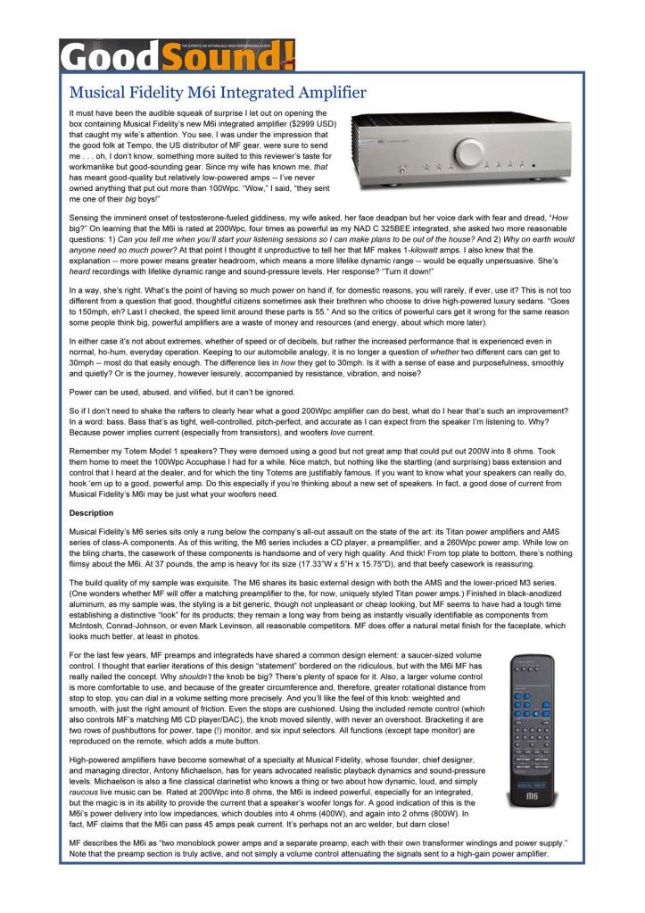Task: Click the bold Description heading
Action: [91, 513]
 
